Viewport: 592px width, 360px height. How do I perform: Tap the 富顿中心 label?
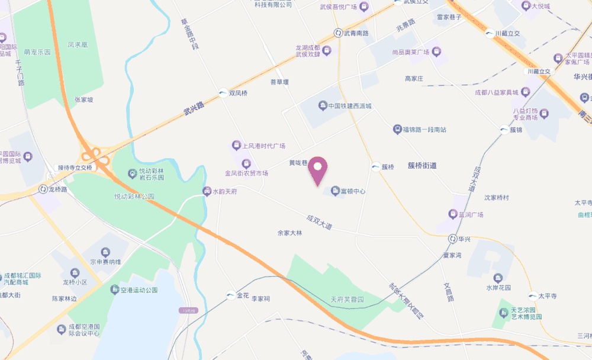pos(353,191)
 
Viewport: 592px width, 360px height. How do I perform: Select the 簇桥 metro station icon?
pos(375,167)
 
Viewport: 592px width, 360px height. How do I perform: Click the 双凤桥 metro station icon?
pos(223,93)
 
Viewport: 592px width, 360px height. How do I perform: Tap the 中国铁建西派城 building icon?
pos(323,107)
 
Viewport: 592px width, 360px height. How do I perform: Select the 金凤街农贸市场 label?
pos(246,173)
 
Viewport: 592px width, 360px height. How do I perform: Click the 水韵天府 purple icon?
pos(207,191)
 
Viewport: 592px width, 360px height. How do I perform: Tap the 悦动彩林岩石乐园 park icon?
pos(132,173)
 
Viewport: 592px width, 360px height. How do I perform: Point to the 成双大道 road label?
pos(320,223)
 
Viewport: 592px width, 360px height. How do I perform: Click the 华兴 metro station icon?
pos(452,240)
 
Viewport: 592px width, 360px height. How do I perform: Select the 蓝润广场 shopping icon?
pos(453,214)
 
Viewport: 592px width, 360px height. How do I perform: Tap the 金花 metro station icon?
pos(230,295)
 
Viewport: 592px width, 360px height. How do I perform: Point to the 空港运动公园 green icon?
pos(115,290)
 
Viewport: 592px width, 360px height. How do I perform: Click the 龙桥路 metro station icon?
pos(42,189)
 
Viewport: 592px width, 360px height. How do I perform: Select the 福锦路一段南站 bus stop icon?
pos(397,129)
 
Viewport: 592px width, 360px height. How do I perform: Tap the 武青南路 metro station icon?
pos(337,33)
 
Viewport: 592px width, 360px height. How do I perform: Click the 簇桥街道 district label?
pos(422,166)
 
